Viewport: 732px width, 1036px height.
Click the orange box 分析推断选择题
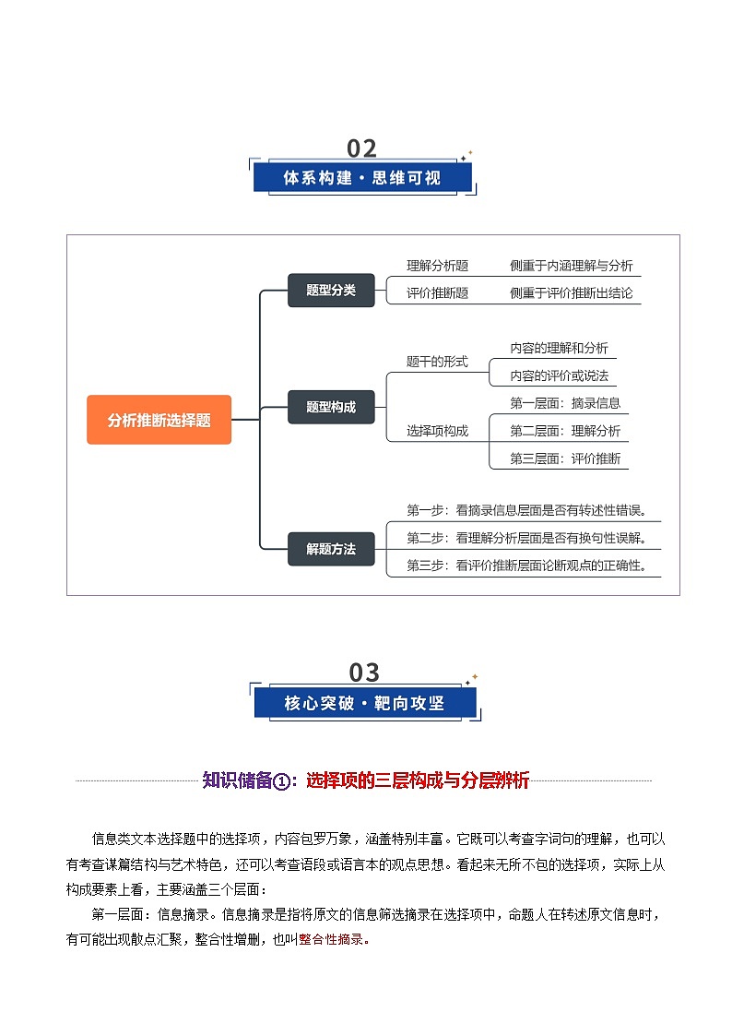[x=159, y=420]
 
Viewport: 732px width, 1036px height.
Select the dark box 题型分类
[x=331, y=290]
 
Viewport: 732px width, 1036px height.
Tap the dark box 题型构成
[x=331, y=406]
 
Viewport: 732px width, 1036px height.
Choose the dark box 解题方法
[x=331, y=549]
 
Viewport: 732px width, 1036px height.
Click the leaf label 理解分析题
[x=438, y=266]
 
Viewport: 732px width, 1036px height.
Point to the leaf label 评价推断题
[x=438, y=293]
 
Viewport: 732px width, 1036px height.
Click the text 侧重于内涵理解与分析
[x=572, y=266]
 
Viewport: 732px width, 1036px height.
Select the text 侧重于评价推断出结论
[x=572, y=293]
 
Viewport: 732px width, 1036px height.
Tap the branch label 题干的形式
[x=437, y=362]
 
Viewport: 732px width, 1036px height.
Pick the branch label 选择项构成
[x=437, y=430]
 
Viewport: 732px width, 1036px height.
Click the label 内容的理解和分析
[x=559, y=348]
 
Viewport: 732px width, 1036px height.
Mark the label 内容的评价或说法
[x=559, y=375]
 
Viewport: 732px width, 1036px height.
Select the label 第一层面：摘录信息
[x=565, y=402]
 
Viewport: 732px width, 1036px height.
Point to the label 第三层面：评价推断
[x=565, y=458]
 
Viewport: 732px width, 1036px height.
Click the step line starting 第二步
[x=526, y=538]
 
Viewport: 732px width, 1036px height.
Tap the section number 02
[x=362, y=149]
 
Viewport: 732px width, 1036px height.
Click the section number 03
[x=364, y=672]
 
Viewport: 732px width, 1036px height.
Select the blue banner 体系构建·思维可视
[x=362, y=178]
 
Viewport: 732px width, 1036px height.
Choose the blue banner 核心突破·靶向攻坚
[x=364, y=703]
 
